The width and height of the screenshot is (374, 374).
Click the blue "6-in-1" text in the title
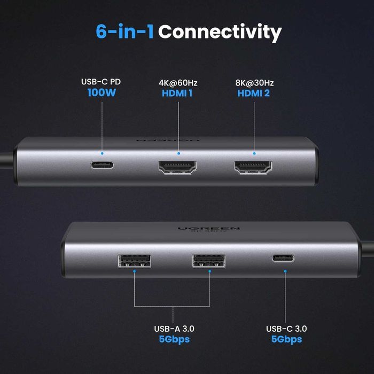point(125,32)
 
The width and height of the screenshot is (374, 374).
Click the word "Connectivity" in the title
point(220,33)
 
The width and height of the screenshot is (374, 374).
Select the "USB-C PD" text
point(102,82)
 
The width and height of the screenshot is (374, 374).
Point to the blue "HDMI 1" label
point(178,93)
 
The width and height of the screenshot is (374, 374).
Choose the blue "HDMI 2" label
point(253,93)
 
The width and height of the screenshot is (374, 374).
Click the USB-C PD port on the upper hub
point(102,164)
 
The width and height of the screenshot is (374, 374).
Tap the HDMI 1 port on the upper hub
point(177,168)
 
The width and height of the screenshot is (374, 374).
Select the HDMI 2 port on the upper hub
point(254,169)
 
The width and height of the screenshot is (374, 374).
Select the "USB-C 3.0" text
point(286,329)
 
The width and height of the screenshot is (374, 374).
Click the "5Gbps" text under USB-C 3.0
point(286,339)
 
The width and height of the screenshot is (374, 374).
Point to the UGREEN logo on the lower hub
point(209,228)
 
